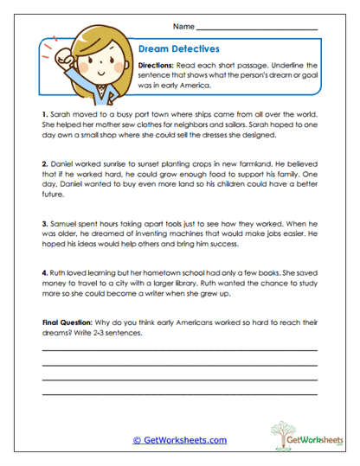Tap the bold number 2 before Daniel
[x=44, y=163]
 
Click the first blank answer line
[x=179, y=350]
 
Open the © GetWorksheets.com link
[x=180, y=440]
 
